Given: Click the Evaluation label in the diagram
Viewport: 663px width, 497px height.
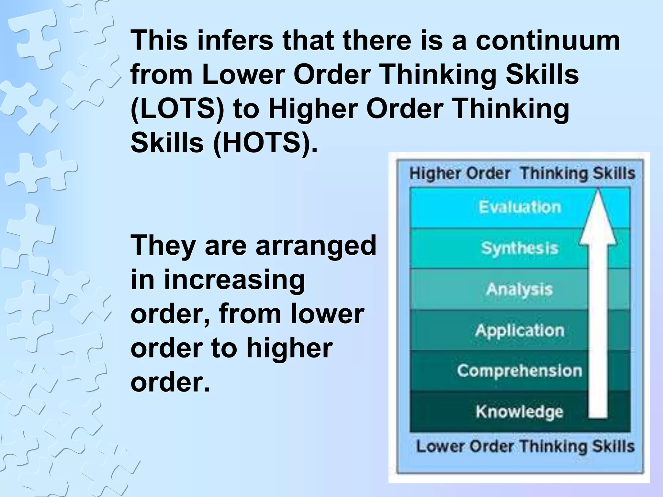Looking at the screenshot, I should tap(520, 207).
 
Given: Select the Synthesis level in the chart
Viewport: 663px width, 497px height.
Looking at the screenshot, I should tap(520, 248).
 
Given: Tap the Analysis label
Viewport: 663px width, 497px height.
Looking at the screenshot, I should tap(519, 289).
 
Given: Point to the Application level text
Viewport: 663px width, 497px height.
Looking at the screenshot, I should tap(520, 330).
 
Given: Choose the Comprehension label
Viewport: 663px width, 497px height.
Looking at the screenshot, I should tap(519, 370).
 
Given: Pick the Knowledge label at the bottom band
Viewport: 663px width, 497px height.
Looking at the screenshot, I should tap(519, 412).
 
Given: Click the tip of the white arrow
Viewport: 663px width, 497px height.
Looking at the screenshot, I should tap(598, 191).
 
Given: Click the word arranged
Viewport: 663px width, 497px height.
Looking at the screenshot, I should tap(316, 245).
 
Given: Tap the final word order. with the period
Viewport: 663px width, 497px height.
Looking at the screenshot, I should tap(170, 382).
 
